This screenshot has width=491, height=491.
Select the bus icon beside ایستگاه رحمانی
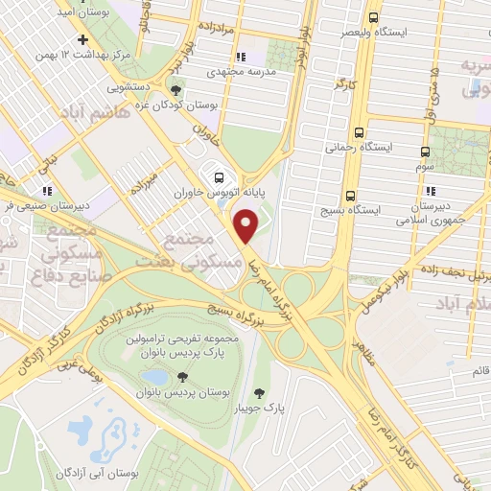360,132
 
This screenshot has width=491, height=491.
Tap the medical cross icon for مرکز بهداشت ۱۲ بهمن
83,40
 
